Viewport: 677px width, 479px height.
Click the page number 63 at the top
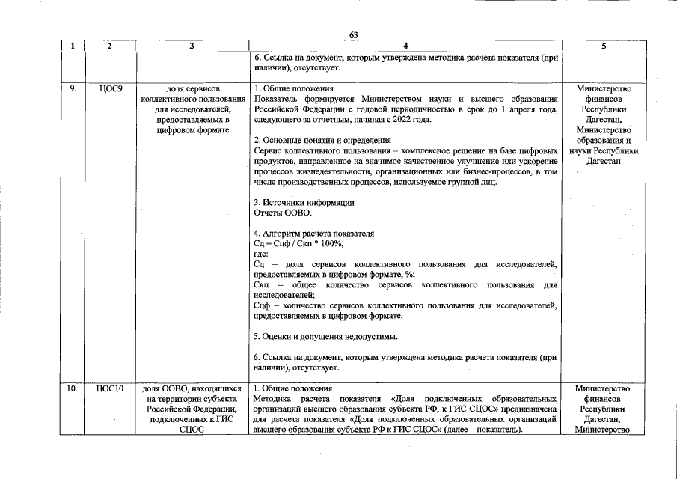click(354, 34)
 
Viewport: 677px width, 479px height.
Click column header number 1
click(73, 46)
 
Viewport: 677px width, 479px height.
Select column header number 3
click(192, 46)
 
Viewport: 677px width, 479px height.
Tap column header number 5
click(603, 46)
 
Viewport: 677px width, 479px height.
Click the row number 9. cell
click(73, 88)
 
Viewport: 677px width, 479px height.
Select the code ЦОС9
click(110, 88)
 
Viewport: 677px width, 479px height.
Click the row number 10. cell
click(73, 388)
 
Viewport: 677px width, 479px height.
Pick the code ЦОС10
click(110, 388)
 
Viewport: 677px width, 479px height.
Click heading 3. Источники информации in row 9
click(304, 203)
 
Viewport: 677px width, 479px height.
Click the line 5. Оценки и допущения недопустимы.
click(325, 337)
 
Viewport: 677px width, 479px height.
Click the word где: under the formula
click(260, 254)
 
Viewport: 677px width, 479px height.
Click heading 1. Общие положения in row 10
click(292, 388)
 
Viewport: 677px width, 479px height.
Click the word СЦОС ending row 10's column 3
click(192, 430)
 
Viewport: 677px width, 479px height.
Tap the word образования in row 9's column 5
click(603, 140)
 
